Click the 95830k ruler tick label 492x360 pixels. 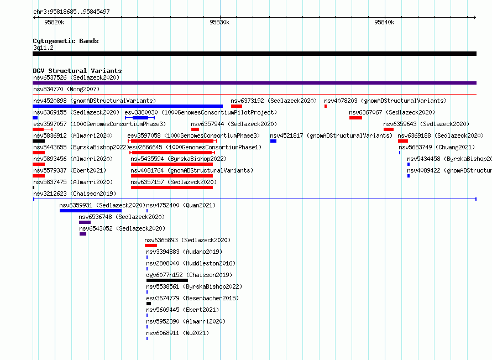tap(219, 22)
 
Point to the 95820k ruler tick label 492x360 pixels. tap(54, 22)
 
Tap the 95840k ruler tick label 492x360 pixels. tap(384, 22)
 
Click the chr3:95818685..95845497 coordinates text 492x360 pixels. tap(71, 12)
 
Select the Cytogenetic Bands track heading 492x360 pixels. tap(66, 41)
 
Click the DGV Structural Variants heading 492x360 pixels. tap(77, 71)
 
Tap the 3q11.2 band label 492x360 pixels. tap(43, 48)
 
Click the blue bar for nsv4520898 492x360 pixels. tap(128, 106)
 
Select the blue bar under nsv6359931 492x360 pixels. tap(91, 211)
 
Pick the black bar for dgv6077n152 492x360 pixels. tap(168, 280)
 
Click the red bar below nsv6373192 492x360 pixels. tap(237, 106)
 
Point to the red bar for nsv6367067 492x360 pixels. tap(356, 118)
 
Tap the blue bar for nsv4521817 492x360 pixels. tap(273, 141)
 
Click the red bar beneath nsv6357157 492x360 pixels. tap(172, 187)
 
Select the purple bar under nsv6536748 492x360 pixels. tap(85, 222)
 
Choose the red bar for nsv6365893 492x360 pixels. tap(151, 246)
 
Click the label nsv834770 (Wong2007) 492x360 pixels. tap(66, 89)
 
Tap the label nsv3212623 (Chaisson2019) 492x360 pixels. tap(75, 194)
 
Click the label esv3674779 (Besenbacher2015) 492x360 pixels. tap(193, 298)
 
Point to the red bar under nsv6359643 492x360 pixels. tap(389, 129)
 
